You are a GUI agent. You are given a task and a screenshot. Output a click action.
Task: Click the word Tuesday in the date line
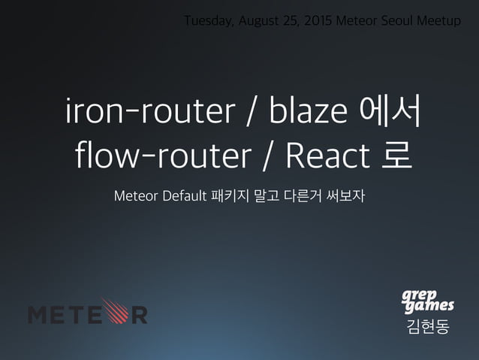coord(206,20)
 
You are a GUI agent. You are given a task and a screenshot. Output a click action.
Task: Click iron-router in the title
coord(150,113)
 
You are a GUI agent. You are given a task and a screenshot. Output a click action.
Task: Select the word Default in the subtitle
coord(179,197)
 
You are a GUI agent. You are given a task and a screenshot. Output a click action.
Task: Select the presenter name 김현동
coord(426,327)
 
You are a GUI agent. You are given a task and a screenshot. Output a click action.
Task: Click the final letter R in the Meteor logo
coord(139,313)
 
